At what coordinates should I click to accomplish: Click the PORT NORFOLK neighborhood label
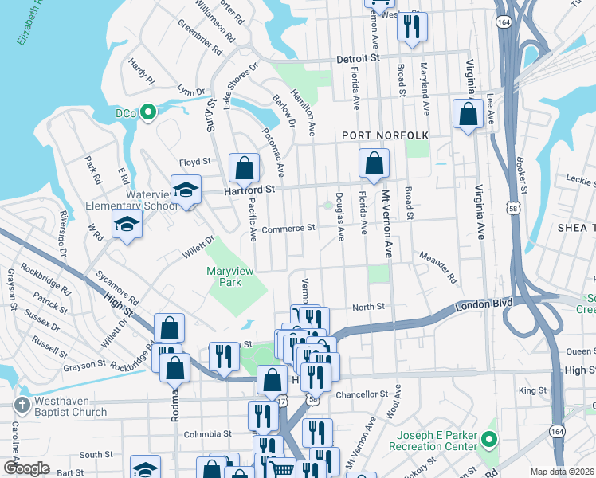(385, 136)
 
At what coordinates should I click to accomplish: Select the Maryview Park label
(230, 276)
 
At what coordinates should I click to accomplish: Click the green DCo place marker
(147, 113)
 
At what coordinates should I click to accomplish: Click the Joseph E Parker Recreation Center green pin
(490, 440)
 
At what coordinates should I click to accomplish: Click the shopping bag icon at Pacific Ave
(244, 168)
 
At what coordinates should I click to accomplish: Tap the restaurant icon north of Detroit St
(411, 26)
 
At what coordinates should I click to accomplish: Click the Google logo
(26, 468)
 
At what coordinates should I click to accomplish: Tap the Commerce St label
(288, 229)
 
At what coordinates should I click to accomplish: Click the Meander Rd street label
(438, 268)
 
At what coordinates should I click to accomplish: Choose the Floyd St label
(194, 161)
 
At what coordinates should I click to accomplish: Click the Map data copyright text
(563, 472)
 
